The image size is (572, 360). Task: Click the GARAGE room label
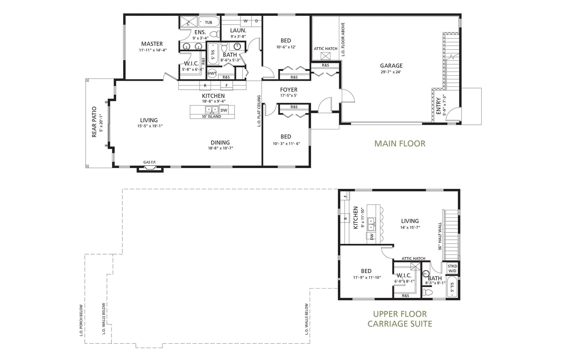tap(391, 66)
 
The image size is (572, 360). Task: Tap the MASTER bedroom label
tap(152, 44)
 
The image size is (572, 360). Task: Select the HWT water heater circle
tap(212, 73)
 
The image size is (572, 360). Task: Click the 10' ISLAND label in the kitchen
tap(211, 117)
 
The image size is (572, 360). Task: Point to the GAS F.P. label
tap(150, 162)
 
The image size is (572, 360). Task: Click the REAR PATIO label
tap(94, 122)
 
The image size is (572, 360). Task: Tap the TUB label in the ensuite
tap(208, 23)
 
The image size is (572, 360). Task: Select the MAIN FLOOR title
tap(400, 143)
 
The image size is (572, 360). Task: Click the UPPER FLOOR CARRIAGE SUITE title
tap(400, 319)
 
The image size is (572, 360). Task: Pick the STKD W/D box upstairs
tap(452, 268)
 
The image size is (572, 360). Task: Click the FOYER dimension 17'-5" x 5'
tap(289, 95)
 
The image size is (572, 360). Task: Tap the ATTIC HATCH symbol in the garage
tap(325, 56)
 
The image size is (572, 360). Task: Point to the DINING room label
tap(220, 143)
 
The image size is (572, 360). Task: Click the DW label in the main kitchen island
tap(224, 110)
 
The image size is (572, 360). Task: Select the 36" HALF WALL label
tap(440, 236)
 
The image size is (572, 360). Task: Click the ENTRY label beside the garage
tap(438, 106)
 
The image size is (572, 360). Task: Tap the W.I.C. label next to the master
tap(191, 64)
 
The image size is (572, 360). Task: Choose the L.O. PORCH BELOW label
tap(81, 320)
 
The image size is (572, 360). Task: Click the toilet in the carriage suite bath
tap(427, 292)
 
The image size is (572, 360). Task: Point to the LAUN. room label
tap(238, 30)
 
